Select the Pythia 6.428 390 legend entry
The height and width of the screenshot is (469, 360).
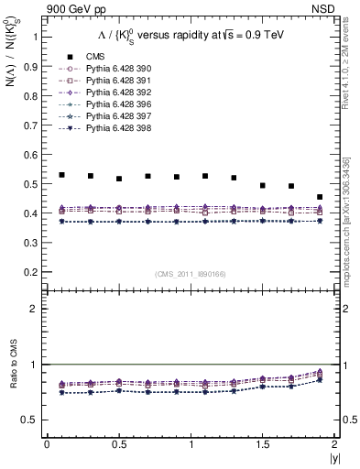coord(110,68)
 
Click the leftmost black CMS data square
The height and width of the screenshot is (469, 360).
coord(61,174)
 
